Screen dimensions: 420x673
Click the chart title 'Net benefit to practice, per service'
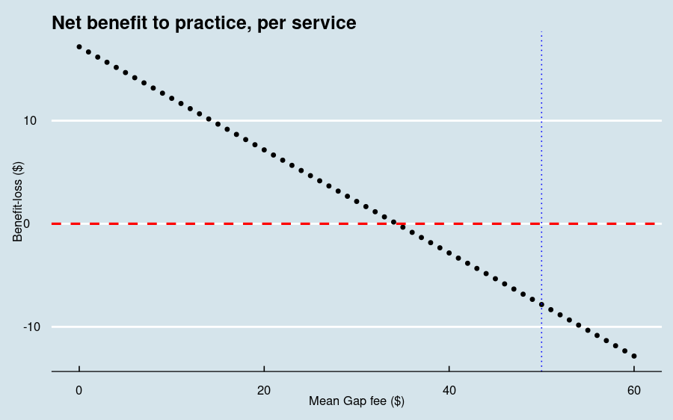[x=203, y=23]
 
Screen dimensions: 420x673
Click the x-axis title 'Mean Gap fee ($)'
[x=357, y=401]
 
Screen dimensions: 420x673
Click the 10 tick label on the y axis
[x=31, y=120]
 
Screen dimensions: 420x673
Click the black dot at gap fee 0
[x=79, y=46]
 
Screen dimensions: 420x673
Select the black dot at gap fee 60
[x=634, y=356]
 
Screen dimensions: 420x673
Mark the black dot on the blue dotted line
[x=541, y=304]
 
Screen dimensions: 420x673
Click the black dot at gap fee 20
[x=264, y=149]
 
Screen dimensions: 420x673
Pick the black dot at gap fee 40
[x=449, y=253]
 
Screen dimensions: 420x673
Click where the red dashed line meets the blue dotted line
[x=541, y=223]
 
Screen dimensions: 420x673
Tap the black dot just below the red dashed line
[x=403, y=227]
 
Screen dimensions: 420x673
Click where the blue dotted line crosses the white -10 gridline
[x=541, y=327]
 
